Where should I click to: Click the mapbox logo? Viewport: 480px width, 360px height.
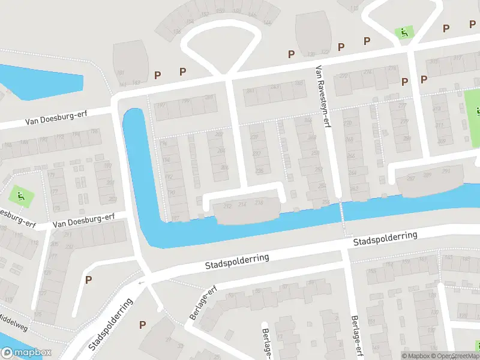click(x=26, y=353)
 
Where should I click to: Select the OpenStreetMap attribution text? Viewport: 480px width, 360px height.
click(x=454, y=356)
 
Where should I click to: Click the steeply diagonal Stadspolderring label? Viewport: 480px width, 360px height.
click(x=110, y=324)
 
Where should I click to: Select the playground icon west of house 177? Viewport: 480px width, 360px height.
click(x=20, y=194)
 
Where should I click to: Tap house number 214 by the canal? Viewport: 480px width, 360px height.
click(x=242, y=205)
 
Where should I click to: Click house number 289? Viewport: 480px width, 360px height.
click(x=428, y=175)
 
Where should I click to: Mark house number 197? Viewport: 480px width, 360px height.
click(x=160, y=105)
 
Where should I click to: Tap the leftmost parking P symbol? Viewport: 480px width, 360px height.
click(x=89, y=279)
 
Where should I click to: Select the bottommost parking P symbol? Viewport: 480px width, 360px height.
click(x=142, y=325)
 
